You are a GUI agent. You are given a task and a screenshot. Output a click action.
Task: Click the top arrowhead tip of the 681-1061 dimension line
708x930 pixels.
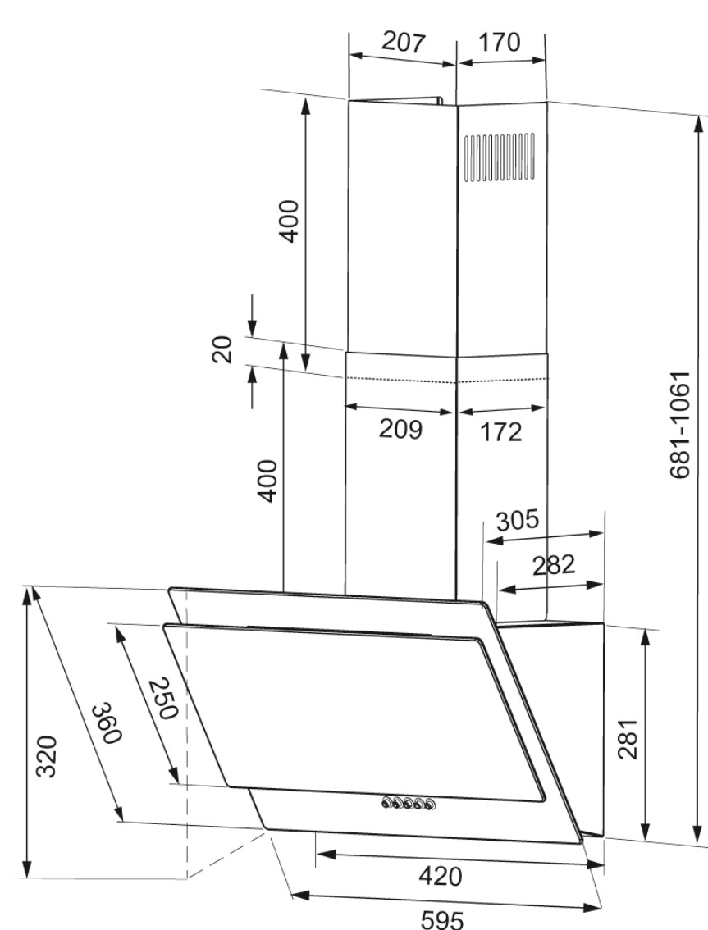[701, 115]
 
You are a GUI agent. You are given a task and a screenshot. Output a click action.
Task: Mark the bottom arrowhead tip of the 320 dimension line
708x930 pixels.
[27, 877]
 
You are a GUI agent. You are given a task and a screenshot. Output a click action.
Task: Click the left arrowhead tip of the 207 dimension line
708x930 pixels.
[349, 55]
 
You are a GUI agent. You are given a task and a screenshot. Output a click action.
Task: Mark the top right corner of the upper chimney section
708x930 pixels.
[546, 102]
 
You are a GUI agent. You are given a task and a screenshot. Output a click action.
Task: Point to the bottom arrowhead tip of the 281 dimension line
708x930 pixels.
[646, 839]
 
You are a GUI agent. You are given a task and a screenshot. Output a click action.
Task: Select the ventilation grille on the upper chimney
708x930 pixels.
[499, 157]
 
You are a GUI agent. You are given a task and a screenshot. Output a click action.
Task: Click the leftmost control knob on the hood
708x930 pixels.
[387, 803]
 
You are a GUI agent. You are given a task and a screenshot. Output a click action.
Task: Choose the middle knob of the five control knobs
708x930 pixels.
[410, 804]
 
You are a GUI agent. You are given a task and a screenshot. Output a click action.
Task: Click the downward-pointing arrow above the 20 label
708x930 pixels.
[252, 315]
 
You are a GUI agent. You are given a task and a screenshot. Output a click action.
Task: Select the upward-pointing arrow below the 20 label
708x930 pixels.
[252, 387]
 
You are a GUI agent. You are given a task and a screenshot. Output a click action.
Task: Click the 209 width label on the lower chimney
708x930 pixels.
[400, 430]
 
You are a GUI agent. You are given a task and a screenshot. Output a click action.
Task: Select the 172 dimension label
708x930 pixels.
[501, 432]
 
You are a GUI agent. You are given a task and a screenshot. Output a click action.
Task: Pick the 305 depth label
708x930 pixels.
[518, 521]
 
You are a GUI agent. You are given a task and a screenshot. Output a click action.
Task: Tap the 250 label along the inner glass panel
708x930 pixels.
[162, 698]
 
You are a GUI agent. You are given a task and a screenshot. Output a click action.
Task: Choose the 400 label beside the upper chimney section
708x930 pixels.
[290, 221]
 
